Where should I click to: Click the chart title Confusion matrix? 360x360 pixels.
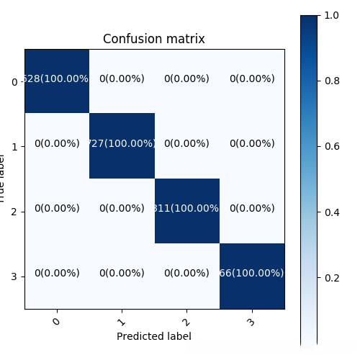[x=154, y=39]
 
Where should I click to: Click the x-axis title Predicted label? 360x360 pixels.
[x=154, y=336]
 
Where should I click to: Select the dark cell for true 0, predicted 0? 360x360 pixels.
[x=57, y=81]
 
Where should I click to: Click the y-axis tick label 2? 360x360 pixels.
[x=15, y=212]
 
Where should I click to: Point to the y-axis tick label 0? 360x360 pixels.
[x=15, y=82]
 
